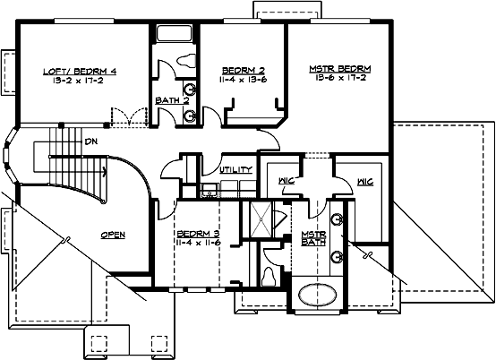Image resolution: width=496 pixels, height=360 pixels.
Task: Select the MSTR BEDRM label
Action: (x=340, y=68)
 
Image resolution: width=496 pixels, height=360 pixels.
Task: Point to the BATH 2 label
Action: (x=172, y=101)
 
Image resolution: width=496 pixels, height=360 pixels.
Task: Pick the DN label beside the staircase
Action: (x=90, y=141)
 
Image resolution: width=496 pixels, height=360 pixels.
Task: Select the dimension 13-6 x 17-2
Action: (x=340, y=78)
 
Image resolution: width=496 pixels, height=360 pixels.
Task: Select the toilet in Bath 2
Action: (x=186, y=62)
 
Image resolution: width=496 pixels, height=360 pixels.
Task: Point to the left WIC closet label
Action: (x=286, y=181)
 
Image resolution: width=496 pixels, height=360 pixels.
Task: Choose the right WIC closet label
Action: (x=364, y=181)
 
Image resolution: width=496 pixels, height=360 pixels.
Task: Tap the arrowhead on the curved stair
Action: (x=107, y=168)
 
